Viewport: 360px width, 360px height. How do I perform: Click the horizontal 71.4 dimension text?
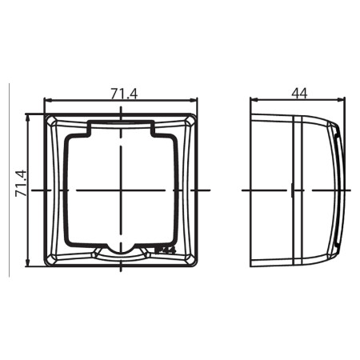tap(123, 94)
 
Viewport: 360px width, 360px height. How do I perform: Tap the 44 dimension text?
tap(299, 93)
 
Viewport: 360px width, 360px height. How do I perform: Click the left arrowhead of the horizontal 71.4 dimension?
tap(46, 101)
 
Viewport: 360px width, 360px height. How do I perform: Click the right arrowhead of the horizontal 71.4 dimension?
tap(194, 101)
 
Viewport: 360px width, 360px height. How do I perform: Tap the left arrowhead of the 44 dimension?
tap(254, 101)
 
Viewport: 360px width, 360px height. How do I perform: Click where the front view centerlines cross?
tap(120, 190)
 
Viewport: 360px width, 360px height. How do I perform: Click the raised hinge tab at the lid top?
tap(120, 126)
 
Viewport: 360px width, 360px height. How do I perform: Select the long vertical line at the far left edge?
tap(9, 180)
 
